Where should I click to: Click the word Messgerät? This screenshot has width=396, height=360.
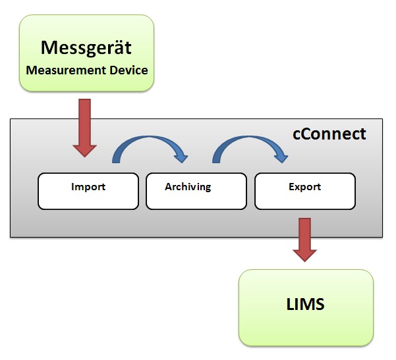click(x=86, y=47)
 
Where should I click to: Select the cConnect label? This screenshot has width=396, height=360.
click(x=329, y=134)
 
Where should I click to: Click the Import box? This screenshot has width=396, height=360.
click(x=88, y=191)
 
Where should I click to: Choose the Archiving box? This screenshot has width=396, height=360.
click(x=196, y=191)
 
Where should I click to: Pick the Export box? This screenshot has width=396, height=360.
click(x=304, y=191)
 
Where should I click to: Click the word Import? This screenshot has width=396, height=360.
click(x=88, y=187)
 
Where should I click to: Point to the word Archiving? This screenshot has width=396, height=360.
click(x=188, y=187)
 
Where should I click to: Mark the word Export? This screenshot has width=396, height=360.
click(x=304, y=187)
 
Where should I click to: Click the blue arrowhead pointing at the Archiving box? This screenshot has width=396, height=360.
click(x=179, y=157)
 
